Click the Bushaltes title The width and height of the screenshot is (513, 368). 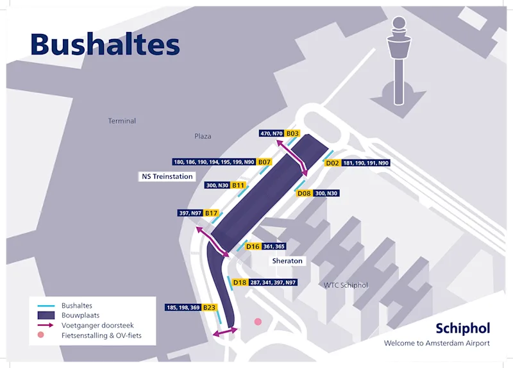(105, 44)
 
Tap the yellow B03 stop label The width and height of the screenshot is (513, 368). (293, 133)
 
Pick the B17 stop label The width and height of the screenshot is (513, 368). (212, 213)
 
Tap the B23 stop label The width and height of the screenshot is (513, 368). (210, 308)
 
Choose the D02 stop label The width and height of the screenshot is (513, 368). (332, 163)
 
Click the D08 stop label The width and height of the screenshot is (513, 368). (304, 193)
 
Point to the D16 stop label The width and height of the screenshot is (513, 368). (253, 246)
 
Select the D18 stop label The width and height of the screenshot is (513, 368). (240, 282)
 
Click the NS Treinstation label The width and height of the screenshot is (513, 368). (167, 176)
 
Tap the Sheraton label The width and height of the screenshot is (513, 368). (287, 261)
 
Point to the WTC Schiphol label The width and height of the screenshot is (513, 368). (346, 285)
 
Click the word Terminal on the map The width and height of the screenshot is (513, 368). (122, 121)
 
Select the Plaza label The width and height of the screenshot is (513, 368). (203, 136)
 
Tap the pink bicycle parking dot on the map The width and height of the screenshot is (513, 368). (258, 322)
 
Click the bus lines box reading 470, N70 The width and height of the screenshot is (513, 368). (271, 133)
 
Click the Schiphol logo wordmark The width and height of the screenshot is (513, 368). (462, 329)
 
